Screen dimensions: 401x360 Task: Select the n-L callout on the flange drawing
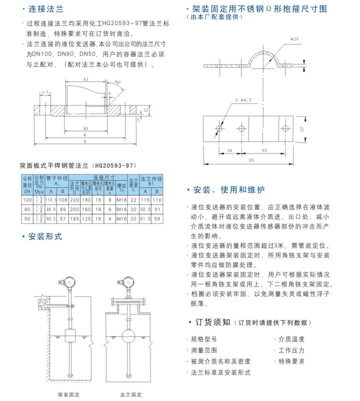point(45,92)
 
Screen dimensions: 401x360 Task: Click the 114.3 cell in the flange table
point(51,199)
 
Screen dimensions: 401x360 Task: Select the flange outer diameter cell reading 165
point(75,218)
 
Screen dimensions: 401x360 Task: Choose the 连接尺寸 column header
point(103,177)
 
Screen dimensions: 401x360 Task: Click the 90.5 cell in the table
point(145,209)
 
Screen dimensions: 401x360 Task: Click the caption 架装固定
point(69,394)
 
